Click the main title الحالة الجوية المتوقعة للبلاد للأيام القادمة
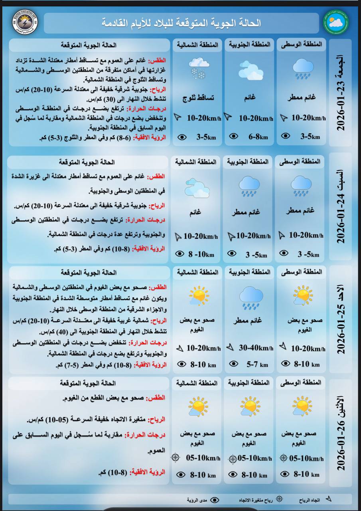pos(181,23)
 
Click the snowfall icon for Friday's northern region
pos(197,68)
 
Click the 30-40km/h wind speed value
pos(256,348)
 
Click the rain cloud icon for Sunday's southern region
pos(251,298)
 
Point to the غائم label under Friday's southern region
pos(250,97)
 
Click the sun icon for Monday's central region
pos(302,406)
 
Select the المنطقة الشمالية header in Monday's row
pos(197,383)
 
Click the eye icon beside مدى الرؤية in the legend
pos(215,500)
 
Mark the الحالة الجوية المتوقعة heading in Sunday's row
pos(89,272)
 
